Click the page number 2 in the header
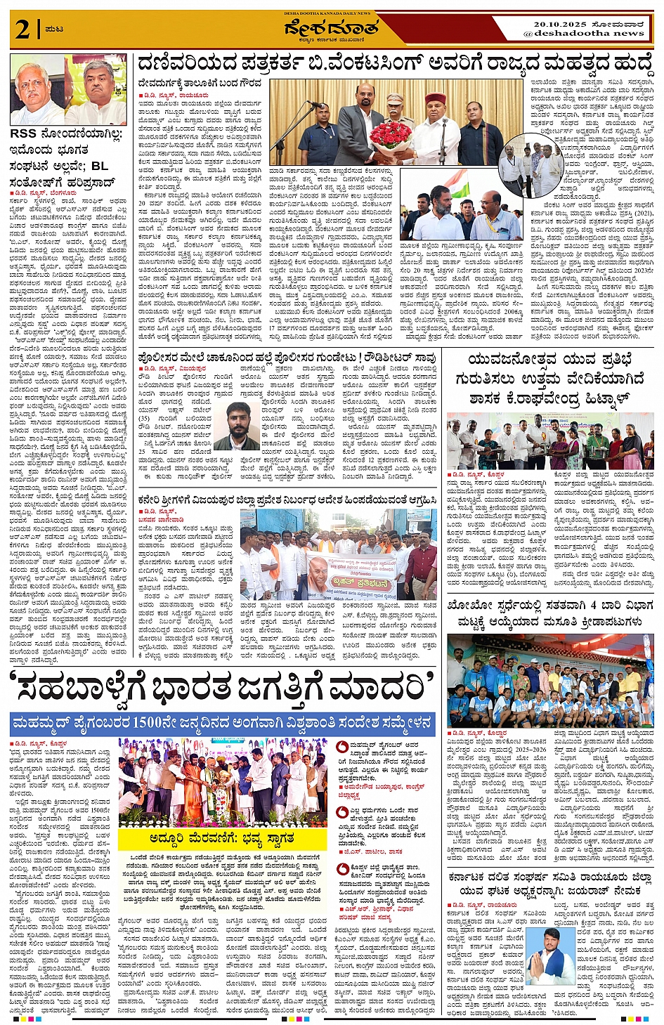(22, 30)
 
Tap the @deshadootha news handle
(584, 34)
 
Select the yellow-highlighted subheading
(222, 839)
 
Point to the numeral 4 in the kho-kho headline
(593, 605)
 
